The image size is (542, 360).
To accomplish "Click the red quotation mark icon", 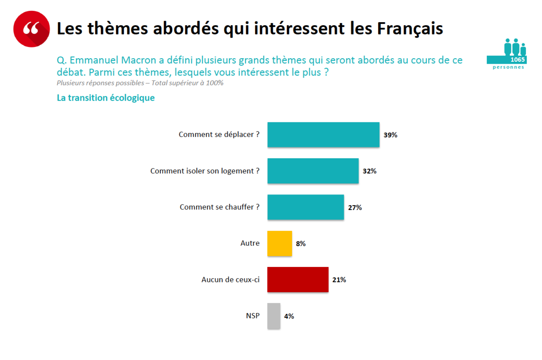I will coord(31,29).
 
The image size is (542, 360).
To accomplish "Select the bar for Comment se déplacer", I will coord(323,135).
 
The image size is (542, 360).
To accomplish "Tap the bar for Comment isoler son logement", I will coord(313,171).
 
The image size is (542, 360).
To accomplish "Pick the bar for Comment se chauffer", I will coord(305,207).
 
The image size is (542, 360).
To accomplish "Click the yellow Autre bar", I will coord(279,243).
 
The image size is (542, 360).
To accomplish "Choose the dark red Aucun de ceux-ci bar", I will coord(298,280).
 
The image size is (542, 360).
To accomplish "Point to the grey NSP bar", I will coord(274,316).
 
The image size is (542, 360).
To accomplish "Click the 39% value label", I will coord(390,135).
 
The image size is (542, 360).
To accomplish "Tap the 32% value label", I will coord(369,171).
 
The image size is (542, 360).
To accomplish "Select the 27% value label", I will coord(355,207).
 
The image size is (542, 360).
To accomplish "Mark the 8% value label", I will coord(300,243).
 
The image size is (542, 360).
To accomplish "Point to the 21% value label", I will coord(339,280).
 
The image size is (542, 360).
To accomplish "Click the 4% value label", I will coord(289,316).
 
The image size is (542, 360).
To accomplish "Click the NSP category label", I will coord(253,316).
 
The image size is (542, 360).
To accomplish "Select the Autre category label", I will coord(250,243).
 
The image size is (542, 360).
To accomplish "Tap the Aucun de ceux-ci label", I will coord(230,280).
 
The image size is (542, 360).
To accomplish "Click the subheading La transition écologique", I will coord(106,98).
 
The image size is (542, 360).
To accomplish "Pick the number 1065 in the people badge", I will coord(518,60).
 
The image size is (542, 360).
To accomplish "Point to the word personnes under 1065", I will coord(509,67).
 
